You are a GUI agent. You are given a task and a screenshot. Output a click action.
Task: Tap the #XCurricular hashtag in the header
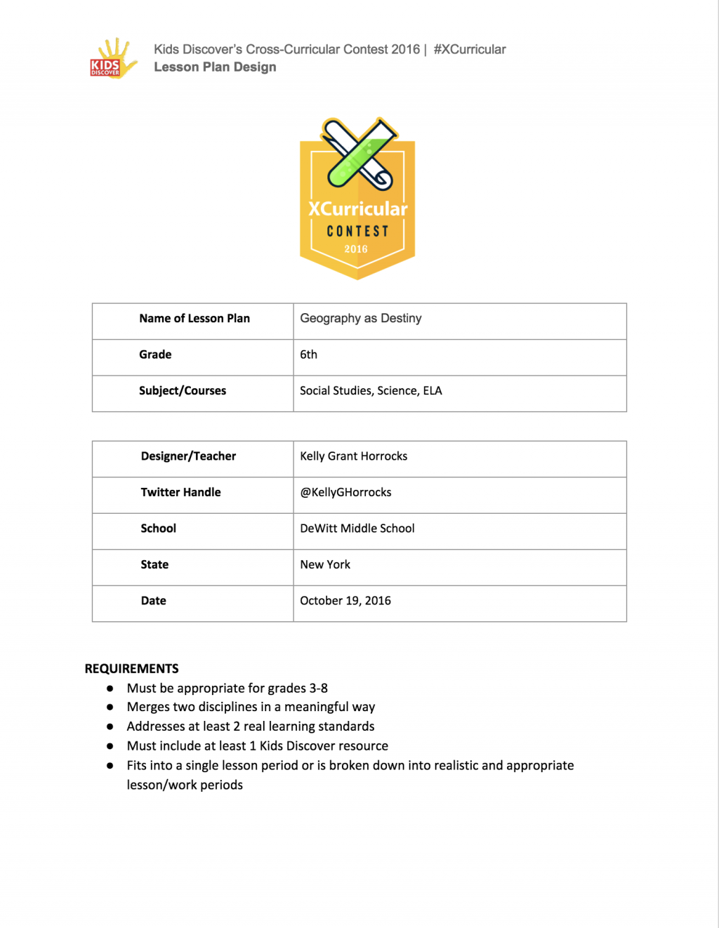click(x=469, y=49)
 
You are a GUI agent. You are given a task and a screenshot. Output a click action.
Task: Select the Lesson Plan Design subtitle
click(x=215, y=67)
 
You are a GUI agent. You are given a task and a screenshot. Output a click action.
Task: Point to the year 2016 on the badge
click(x=356, y=249)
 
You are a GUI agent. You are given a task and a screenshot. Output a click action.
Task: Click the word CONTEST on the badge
click(x=357, y=231)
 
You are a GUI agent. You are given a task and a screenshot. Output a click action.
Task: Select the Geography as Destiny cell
click(x=361, y=319)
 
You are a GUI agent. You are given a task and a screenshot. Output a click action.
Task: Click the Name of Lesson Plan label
click(x=194, y=319)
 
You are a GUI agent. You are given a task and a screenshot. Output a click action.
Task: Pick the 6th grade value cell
click(x=309, y=355)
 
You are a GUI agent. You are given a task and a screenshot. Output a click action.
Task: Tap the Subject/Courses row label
click(x=183, y=391)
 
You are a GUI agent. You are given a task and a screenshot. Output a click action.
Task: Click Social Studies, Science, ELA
click(x=371, y=391)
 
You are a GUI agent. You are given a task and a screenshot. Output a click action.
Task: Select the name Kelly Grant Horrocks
click(x=354, y=456)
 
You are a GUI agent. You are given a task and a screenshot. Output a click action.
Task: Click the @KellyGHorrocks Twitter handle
click(x=346, y=493)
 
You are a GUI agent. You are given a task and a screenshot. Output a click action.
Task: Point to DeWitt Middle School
click(x=357, y=529)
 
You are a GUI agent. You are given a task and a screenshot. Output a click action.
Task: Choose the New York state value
click(x=325, y=565)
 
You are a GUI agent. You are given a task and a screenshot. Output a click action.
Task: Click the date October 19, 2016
click(x=345, y=601)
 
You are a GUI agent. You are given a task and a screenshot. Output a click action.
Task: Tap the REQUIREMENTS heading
click(x=132, y=669)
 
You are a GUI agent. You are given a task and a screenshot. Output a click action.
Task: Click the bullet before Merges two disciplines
click(x=110, y=708)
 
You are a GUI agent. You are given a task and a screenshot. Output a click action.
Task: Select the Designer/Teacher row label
click(x=188, y=456)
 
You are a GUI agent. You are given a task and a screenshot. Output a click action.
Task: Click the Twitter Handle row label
click(x=180, y=493)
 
